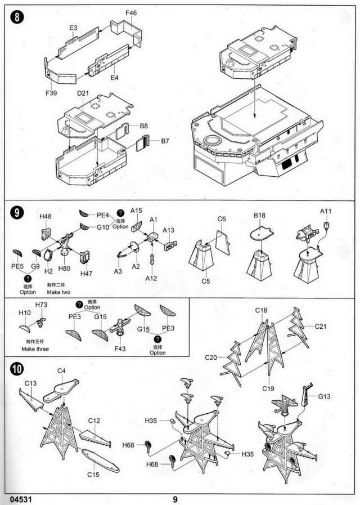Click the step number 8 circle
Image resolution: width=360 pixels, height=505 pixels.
[x=19, y=17]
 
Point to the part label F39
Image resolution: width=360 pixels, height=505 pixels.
[x=51, y=93]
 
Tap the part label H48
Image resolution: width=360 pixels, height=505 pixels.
[x=46, y=216]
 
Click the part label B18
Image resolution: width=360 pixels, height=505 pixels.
[x=259, y=215]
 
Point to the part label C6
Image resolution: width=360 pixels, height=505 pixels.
[x=222, y=218]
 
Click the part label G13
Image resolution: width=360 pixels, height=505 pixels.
[x=324, y=397]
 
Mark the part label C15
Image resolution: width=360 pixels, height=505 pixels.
[x=93, y=474]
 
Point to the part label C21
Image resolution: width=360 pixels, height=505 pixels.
[x=321, y=326]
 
